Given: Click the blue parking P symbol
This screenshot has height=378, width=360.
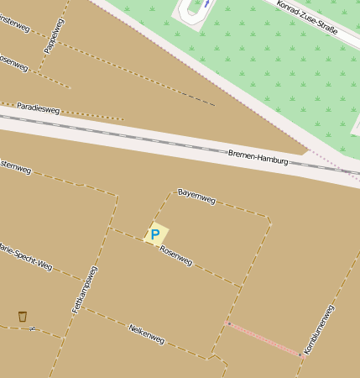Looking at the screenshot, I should [154, 234].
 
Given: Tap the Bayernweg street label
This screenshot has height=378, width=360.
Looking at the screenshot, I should [197, 197].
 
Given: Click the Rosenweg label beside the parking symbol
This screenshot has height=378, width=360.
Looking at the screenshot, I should [175, 256].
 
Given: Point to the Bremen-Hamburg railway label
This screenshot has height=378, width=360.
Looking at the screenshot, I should [258, 157].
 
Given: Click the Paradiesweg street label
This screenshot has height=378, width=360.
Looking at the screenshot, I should [38, 108].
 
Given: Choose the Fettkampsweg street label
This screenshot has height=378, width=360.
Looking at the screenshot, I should [85, 290].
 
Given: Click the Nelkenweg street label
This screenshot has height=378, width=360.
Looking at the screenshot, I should [146, 333].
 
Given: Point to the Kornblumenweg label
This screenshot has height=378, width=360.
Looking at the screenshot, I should [319, 329].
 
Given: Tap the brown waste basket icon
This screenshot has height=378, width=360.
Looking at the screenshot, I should [23, 316].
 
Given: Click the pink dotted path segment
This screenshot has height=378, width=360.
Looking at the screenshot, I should [264, 339].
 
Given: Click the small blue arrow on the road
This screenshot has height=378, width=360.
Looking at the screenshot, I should [206, 4].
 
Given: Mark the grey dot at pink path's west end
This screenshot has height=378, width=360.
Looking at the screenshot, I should [229, 323].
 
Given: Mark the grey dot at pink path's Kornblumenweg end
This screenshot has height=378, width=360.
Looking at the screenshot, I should [300, 354].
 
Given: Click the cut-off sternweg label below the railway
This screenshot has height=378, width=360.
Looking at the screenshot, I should [15, 167].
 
